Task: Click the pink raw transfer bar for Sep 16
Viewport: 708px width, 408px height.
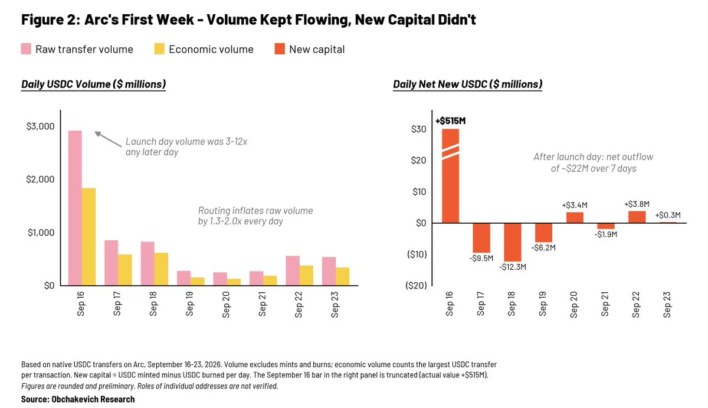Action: pos(75,208)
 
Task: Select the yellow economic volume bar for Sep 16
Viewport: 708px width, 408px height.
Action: pos(88,237)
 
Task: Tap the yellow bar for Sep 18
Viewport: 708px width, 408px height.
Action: pos(161,269)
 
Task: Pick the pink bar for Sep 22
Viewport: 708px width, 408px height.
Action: pos(293,271)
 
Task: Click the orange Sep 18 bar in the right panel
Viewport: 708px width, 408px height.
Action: pos(512,242)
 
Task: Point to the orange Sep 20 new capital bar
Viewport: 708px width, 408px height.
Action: pos(575,218)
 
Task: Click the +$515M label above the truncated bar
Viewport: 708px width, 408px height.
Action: pos(450,121)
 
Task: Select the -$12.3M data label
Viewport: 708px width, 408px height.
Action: pos(512,267)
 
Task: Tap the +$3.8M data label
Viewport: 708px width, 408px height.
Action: pos(637,204)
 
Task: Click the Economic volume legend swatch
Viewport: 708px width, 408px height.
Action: pos(159,49)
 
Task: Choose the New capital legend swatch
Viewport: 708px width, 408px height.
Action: pos(280,49)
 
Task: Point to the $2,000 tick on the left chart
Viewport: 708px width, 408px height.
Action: pos(40,179)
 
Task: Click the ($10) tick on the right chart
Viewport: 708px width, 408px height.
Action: pos(417,254)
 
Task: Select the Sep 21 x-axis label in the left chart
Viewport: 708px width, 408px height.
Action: pos(262,304)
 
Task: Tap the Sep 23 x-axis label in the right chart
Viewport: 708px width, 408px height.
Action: pos(667,305)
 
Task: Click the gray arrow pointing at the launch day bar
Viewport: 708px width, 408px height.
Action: pos(108,139)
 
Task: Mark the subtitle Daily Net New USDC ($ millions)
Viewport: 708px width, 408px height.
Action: pos(467,84)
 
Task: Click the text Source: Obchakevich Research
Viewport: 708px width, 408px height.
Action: pos(78,399)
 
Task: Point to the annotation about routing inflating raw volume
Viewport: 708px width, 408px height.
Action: pos(255,216)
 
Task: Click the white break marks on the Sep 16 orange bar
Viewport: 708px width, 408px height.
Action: pos(450,152)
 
